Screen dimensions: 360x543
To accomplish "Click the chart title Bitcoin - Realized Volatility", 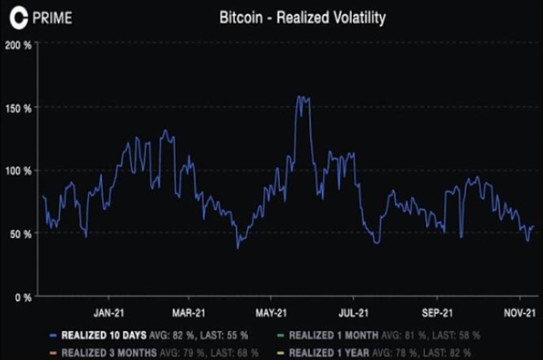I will pyautogui.click(x=302, y=16).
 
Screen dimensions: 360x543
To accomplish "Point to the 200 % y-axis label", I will pyautogui.click(x=19, y=45).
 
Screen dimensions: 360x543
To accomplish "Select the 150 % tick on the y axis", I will pyautogui.click(x=19, y=109).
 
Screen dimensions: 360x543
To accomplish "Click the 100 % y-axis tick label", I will pyautogui.click(x=19, y=171).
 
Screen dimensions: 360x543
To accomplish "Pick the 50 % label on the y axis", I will pyautogui.click(x=22, y=234).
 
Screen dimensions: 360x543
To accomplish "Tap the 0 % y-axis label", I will pyautogui.click(x=23, y=297).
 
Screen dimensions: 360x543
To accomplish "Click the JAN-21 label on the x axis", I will pyautogui.click(x=109, y=314).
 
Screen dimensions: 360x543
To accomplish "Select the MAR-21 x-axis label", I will pyautogui.click(x=189, y=314).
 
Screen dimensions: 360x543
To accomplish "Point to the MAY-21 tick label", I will pyautogui.click(x=271, y=314).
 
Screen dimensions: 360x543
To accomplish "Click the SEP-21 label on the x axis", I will pyautogui.click(x=436, y=314).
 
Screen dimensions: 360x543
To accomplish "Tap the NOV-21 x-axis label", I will pyautogui.click(x=519, y=314).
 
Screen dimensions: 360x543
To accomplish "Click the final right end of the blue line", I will pyautogui.click(x=533, y=226).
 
